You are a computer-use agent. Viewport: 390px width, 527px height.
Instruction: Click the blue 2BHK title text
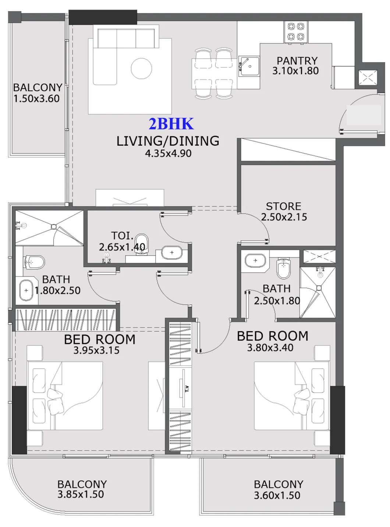pos(171,124)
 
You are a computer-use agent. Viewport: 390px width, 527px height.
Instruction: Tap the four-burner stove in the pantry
pos(296,32)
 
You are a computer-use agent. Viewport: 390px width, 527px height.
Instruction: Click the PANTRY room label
pos(297,61)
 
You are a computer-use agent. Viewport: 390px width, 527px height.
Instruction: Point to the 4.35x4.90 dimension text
pos(168,153)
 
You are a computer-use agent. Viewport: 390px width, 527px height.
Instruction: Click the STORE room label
pos(283,206)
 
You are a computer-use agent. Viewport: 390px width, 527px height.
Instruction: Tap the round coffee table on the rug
pos(141,68)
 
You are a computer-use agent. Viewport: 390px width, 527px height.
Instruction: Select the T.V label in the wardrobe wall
pos(187,389)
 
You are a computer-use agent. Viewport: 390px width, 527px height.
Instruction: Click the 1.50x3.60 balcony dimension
pos(36,99)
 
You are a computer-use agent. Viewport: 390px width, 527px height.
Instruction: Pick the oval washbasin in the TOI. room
pos(172,252)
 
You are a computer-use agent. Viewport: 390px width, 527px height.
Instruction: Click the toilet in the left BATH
pos(34,262)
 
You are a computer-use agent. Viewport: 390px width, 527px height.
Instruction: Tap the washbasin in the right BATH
pos(255,261)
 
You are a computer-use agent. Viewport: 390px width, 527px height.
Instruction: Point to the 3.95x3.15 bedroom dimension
pos(96,350)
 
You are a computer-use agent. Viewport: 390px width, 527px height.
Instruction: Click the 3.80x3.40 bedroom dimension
pos(270,348)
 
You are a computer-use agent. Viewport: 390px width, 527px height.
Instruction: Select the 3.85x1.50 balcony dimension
pos(81,495)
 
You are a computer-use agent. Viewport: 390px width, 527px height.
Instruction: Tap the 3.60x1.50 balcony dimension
pos(277,495)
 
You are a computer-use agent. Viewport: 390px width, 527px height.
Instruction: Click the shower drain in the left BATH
pos(54,227)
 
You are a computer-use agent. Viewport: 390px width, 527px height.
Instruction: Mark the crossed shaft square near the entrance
pos(368,78)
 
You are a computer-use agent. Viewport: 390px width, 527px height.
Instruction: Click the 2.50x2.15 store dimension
pos(284,217)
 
